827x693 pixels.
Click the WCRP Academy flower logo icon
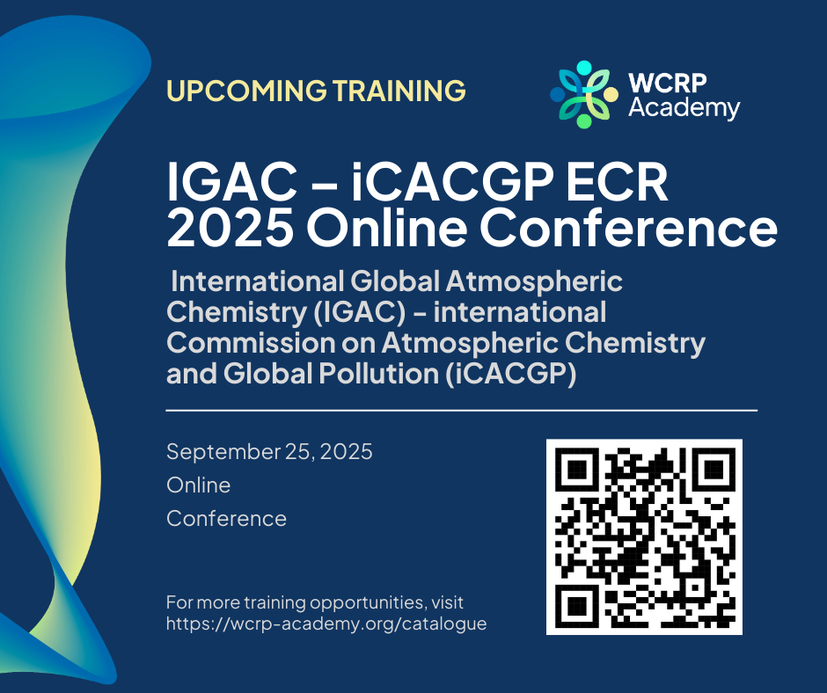[x=584, y=94]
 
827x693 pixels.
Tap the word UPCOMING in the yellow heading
[x=247, y=91]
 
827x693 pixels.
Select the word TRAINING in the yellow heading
[x=399, y=91]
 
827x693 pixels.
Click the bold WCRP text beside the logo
[x=667, y=83]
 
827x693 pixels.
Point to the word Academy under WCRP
[x=684, y=108]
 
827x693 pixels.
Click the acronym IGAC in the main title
[x=231, y=182]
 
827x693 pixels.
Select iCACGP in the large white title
[x=452, y=182]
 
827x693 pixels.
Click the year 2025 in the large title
[x=231, y=227]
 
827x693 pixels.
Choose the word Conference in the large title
[x=628, y=227]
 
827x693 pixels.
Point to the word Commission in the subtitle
[x=251, y=342]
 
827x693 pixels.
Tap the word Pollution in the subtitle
[x=378, y=374]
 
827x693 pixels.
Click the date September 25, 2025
[x=269, y=452]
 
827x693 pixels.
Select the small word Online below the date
[x=198, y=485]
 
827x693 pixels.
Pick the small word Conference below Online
[x=226, y=519]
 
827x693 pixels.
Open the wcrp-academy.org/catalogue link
[x=326, y=624]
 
